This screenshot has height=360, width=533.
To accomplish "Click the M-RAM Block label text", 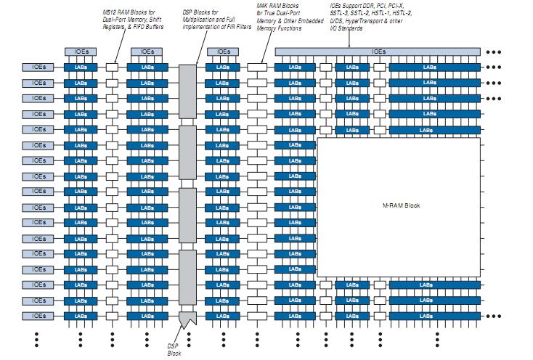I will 402,205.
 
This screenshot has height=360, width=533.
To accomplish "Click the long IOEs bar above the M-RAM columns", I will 378,52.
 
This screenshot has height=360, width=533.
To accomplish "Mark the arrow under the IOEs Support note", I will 349,41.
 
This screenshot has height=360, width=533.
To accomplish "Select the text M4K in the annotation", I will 264,5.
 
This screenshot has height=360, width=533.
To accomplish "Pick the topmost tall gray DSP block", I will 188,91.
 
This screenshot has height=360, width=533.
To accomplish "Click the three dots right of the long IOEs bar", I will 494,52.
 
